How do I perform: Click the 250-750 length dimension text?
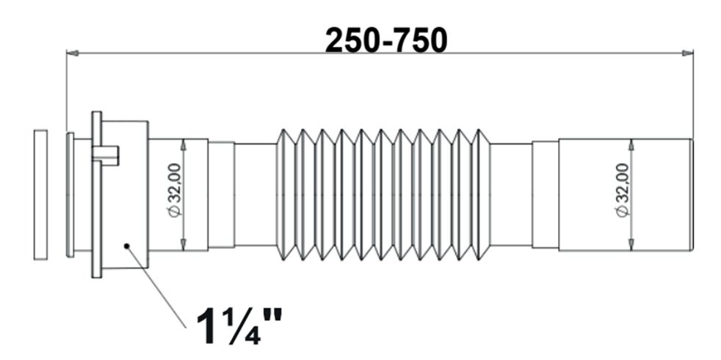click(x=385, y=40)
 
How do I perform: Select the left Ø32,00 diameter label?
click(x=175, y=190)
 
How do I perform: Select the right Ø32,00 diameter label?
click(x=623, y=190)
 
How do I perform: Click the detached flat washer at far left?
click(x=41, y=195)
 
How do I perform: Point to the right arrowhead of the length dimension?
click(x=687, y=54)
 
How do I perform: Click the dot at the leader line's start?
click(x=127, y=246)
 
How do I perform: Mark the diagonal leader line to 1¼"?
click(x=157, y=287)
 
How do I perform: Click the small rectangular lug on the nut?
click(x=106, y=155)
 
